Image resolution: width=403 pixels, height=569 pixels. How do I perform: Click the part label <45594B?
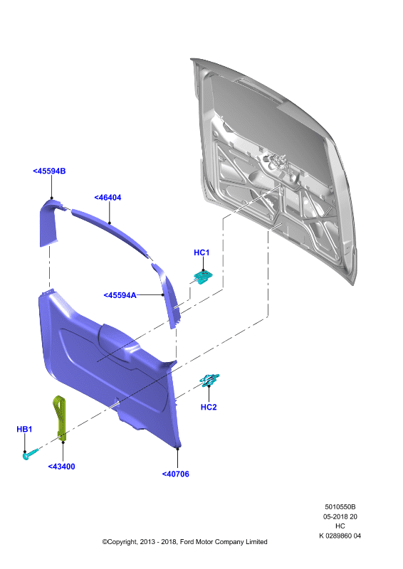click(49, 171)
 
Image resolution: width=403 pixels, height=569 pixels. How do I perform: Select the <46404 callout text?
click(108, 198)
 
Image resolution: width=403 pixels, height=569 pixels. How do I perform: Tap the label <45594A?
click(120, 295)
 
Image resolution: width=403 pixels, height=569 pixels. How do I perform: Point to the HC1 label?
click(201, 252)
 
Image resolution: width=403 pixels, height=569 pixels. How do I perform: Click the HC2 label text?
click(209, 407)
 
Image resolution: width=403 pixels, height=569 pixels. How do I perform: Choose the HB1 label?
click(24, 429)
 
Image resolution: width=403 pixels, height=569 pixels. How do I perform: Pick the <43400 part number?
click(61, 467)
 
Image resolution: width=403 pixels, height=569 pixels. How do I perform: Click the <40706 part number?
click(176, 474)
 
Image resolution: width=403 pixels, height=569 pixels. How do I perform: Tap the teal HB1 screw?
click(30, 454)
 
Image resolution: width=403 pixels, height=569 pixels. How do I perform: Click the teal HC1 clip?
click(203, 277)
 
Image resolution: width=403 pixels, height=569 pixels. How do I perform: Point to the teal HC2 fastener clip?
click(209, 379)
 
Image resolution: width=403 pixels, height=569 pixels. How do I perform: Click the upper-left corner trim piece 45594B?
click(49, 222)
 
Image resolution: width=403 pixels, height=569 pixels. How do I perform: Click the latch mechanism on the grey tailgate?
click(280, 167)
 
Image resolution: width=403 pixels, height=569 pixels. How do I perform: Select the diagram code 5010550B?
click(340, 506)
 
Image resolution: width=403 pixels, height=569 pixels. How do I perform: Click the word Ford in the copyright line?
click(187, 542)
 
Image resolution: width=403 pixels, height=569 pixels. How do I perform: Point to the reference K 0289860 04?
click(340, 536)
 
